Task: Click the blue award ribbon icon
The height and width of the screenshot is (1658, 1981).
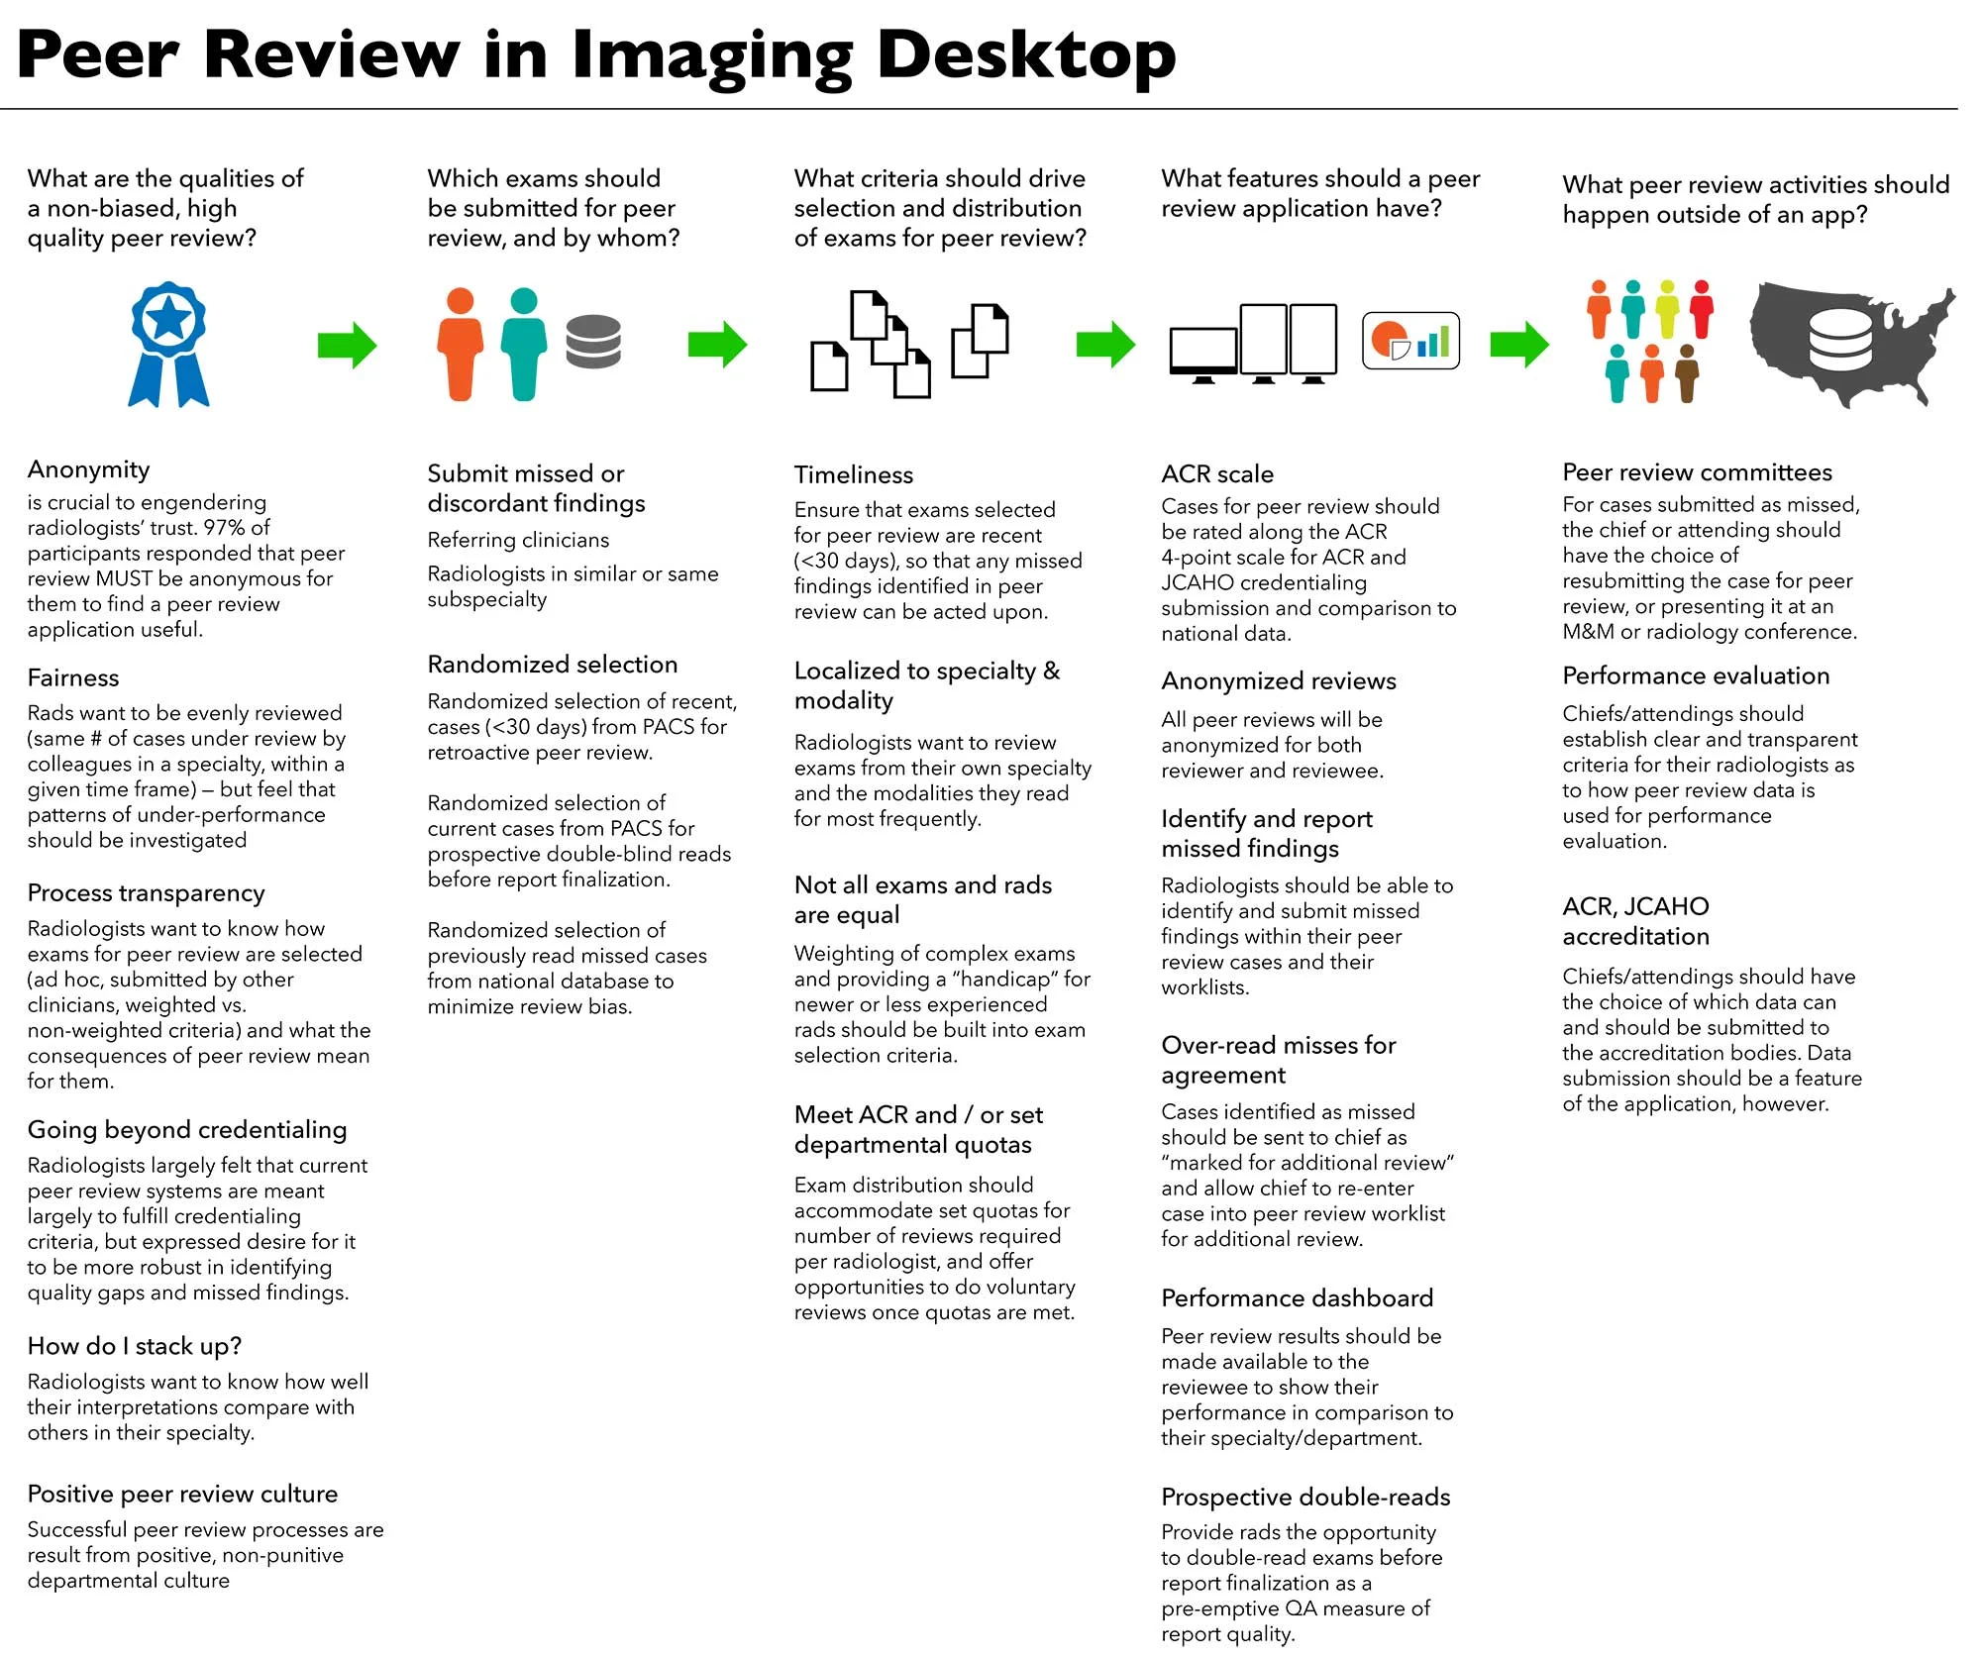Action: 168,344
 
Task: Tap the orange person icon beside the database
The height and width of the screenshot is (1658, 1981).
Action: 461,344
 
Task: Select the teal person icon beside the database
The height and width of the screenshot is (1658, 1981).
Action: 523,344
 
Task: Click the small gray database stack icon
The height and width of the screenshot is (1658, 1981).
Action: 593,342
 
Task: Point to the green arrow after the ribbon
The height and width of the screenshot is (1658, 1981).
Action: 347,345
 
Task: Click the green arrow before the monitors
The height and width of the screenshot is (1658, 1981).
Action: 1105,345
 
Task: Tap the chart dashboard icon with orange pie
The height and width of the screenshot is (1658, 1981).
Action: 1410,341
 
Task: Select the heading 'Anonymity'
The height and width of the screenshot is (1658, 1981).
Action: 89,469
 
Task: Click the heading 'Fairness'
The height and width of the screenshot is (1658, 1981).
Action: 73,678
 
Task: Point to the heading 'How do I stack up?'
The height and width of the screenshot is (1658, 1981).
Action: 135,1346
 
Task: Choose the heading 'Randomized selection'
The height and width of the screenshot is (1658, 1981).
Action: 553,665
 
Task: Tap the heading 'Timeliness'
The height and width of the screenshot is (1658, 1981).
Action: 854,475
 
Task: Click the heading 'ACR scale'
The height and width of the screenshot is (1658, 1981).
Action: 1217,474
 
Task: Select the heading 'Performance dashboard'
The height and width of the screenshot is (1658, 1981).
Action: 1298,1298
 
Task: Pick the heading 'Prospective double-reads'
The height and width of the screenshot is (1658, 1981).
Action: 1305,1498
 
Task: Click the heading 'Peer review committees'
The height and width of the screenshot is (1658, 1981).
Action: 1698,472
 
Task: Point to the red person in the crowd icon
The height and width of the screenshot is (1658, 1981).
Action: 1702,309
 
